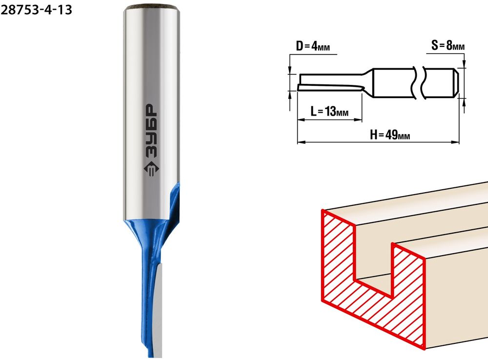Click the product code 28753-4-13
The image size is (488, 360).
[x=36, y=10]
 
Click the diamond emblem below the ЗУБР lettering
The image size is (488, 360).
[x=151, y=169]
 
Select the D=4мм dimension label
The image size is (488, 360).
[x=313, y=46]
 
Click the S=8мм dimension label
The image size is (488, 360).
[x=448, y=45]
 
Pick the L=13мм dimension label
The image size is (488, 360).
[x=329, y=111]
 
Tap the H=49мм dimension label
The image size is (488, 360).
[x=390, y=135]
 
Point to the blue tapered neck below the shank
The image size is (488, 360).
[x=143, y=237]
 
